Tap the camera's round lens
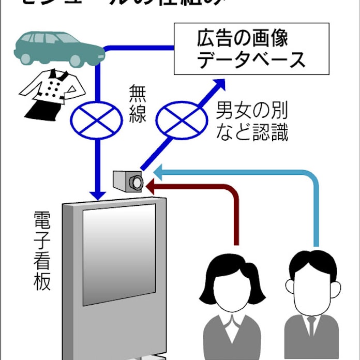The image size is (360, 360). [137, 182]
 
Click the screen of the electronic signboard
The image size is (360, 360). [119, 253]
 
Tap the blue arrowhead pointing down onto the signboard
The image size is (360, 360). [97, 194]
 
